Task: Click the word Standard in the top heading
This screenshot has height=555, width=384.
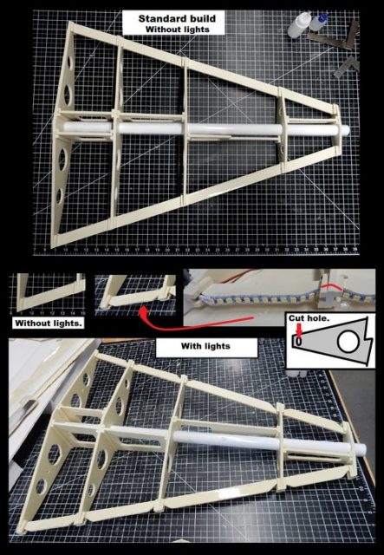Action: tap(159, 18)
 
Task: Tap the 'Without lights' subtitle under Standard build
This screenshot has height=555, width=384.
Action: tap(178, 29)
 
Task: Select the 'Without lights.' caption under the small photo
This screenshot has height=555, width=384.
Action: tap(49, 323)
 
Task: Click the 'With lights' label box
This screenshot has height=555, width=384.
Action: tap(206, 347)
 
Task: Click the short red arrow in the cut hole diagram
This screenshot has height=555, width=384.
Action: tap(300, 330)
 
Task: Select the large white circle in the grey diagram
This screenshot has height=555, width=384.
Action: tap(348, 341)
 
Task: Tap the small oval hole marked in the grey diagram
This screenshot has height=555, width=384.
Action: tap(298, 341)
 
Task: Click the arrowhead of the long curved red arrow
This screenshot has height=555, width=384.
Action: tap(143, 312)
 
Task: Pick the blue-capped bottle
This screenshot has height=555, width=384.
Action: tap(319, 22)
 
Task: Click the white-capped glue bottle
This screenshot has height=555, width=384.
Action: tap(298, 24)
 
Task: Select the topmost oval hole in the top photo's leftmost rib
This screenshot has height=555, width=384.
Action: tap(69, 62)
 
